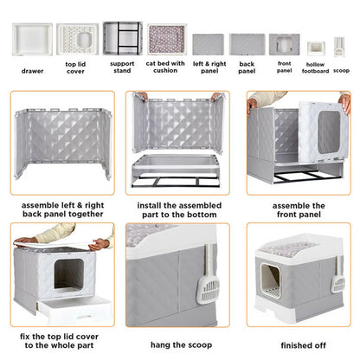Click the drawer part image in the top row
pyautogui.click(x=32, y=39)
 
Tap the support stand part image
pyautogui.click(x=122, y=39)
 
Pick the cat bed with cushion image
pyautogui.click(x=164, y=39)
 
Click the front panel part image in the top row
pyautogui.click(x=283, y=43)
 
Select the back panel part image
pyautogui.click(x=246, y=43)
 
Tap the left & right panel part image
pyautogui.click(x=208, y=43)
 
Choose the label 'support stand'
pyautogui.click(x=122, y=68)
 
